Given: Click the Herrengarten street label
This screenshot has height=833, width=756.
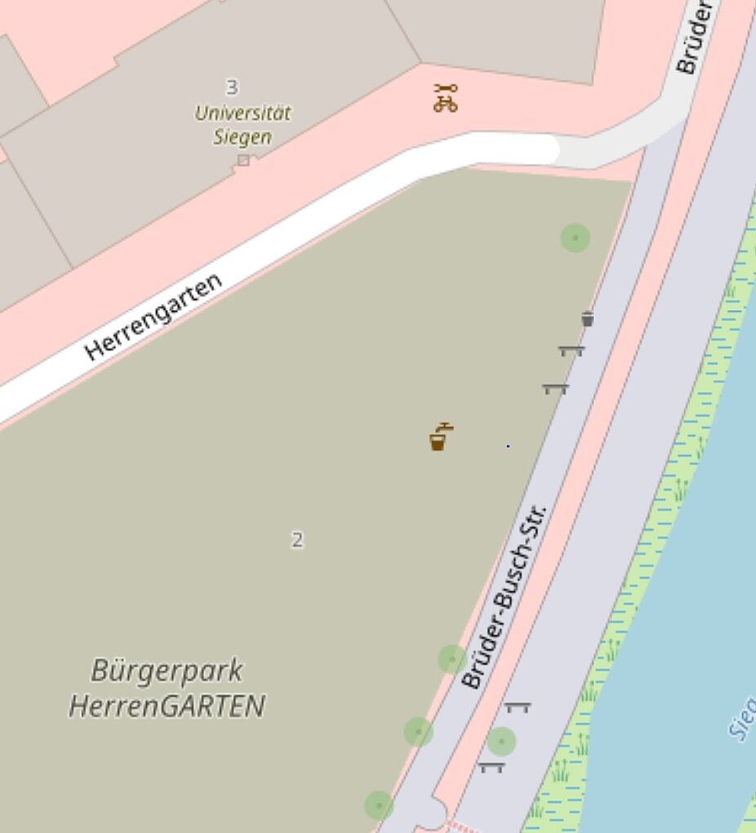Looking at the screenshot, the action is click(x=153, y=318).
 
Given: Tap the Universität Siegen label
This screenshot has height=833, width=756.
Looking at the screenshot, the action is click(x=242, y=124).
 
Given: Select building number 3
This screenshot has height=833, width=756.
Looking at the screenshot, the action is click(x=232, y=87).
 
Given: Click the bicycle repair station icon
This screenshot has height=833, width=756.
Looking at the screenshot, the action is click(x=446, y=98).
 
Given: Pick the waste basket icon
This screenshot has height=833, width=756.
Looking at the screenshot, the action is click(x=587, y=318).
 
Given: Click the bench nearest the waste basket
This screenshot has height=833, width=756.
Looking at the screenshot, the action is click(x=571, y=351).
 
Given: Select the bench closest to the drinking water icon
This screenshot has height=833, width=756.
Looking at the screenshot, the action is click(x=555, y=389).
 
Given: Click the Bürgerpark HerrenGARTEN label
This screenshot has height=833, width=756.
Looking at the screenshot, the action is click(x=167, y=688).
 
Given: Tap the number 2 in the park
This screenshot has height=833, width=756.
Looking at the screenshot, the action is click(x=297, y=540).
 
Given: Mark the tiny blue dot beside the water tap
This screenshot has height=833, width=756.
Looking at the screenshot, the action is click(x=508, y=446).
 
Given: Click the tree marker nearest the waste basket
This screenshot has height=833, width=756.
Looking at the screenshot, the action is click(x=576, y=238).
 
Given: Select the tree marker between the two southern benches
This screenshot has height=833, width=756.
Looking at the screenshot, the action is click(x=501, y=742).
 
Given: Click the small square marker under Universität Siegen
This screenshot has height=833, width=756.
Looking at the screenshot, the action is click(x=243, y=160).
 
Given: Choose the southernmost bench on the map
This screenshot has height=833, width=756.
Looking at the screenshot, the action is click(x=491, y=767).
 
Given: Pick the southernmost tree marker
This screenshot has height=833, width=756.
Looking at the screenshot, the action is click(x=378, y=805).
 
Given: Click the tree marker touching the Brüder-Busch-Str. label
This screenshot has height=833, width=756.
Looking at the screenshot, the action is click(x=452, y=658).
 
